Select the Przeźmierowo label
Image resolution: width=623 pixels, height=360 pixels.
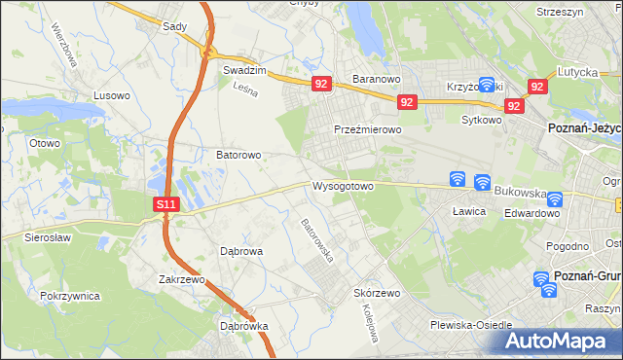368,129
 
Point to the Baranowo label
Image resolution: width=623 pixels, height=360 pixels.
378,80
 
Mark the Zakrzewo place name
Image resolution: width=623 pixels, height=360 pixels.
186,279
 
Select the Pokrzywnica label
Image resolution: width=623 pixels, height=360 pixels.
71,294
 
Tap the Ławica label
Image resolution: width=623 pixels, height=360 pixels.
469,210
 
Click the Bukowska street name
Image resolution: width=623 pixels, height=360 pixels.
518,193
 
